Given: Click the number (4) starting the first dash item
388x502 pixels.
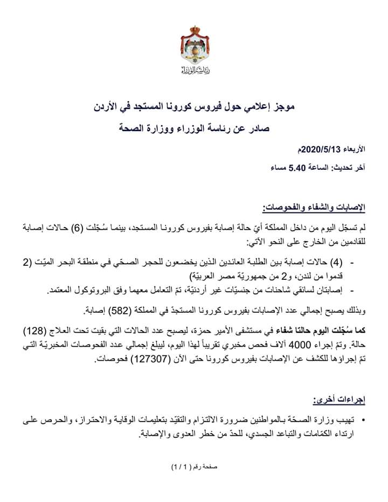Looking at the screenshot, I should (x=335, y=263).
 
